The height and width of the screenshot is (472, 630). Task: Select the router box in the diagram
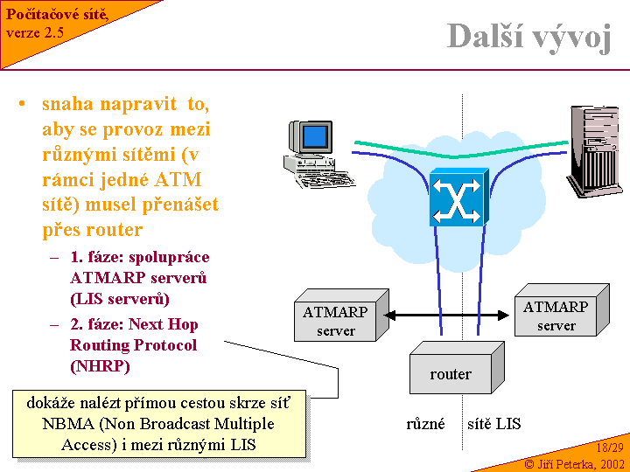coord(451,373)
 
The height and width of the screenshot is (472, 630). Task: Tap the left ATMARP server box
coord(335,321)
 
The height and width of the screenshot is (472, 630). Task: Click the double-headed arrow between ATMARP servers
coord(449,315)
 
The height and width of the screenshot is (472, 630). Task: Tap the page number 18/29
coord(609,448)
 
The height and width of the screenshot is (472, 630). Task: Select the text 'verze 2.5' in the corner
coord(35,32)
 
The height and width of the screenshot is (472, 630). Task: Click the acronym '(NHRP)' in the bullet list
coord(100,366)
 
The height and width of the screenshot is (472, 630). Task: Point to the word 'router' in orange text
coord(113,230)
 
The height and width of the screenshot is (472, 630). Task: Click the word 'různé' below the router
coord(425,424)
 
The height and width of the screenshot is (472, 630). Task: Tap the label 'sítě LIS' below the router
coord(494,424)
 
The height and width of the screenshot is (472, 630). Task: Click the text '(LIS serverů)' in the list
coord(119,299)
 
